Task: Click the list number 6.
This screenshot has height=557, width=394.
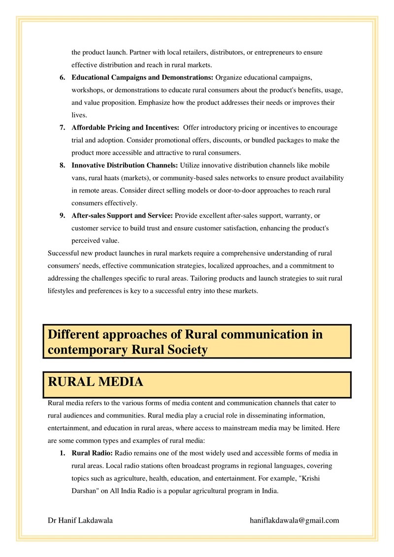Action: click(63, 78)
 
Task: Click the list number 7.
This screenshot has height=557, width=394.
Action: click(63, 128)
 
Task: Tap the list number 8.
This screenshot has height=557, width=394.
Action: click(63, 165)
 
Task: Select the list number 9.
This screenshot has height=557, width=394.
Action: click(63, 216)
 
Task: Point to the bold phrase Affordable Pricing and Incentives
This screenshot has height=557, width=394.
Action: click(126, 128)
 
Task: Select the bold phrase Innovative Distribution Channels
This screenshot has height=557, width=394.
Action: click(126, 165)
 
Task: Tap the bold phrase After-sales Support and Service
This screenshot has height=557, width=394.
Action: click(123, 216)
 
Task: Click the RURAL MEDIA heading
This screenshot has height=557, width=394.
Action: click(96, 382)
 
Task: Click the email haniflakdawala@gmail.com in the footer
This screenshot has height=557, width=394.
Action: click(295, 520)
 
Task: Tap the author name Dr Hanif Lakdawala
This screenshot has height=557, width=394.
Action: click(80, 520)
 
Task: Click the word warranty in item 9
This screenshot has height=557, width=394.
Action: click(299, 216)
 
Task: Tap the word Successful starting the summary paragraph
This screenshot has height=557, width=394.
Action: click(64, 253)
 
